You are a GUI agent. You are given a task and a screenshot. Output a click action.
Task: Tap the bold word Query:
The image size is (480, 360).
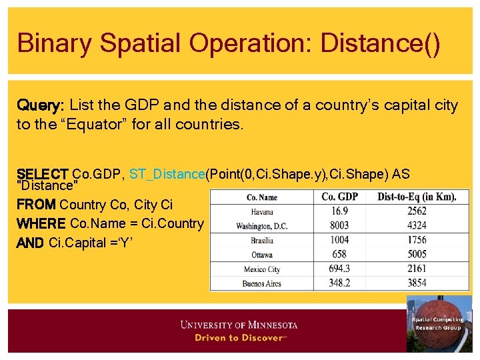(40, 105)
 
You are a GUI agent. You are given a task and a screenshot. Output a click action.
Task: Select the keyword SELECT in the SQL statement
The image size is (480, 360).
(43, 174)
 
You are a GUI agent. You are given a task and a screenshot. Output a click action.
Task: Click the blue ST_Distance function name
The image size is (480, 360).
(167, 174)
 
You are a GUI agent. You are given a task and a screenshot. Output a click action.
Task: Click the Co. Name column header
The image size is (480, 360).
(261, 197)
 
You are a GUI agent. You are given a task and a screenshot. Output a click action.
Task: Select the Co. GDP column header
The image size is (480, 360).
(339, 197)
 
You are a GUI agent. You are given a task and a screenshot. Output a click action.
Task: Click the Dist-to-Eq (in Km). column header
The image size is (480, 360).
(417, 197)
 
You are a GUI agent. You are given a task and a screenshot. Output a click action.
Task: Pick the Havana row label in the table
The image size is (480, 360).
(261, 211)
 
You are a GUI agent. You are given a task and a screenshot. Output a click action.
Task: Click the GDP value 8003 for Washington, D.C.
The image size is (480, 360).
(339, 225)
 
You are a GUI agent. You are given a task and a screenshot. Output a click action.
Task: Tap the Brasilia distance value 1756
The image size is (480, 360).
(417, 240)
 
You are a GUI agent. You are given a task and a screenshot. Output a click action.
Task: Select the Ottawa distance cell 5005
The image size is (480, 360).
(417, 254)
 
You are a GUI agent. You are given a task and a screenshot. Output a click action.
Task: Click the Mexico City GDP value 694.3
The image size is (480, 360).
(339, 269)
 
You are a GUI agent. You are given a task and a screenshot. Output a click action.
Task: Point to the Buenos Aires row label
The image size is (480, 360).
(261, 283)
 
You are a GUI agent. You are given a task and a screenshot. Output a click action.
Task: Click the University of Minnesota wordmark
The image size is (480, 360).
(239, 325)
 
